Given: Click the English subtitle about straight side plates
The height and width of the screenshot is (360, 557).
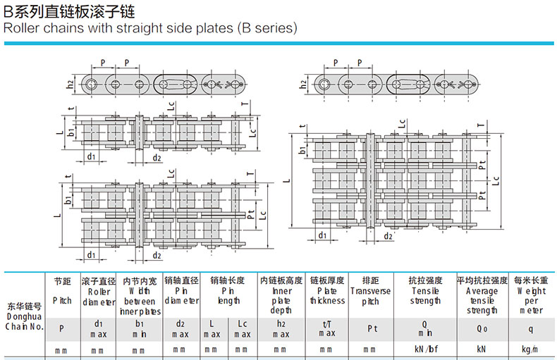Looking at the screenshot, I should tap(150, 29).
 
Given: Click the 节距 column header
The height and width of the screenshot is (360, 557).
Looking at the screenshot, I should tap(62, 280).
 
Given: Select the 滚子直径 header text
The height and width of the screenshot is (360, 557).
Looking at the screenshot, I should tap(99, 280).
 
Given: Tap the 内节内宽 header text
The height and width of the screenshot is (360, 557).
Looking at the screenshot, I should tap(140, 280).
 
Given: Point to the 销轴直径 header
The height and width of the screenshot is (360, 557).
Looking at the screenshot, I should tap(181, 280).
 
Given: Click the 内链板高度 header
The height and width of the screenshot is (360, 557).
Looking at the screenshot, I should tap(281, 280).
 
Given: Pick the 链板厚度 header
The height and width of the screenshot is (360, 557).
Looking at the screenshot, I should tap(327, 280).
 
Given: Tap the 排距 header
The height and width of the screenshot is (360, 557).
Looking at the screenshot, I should tap(370, 280).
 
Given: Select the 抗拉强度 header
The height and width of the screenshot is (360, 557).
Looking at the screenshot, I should tap(425, 280).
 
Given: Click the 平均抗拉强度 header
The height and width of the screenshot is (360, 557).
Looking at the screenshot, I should tap(482, 280).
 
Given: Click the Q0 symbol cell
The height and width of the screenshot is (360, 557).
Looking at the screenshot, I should tap(482, 328).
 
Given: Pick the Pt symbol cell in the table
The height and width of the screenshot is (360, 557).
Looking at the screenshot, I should tap(370, 328).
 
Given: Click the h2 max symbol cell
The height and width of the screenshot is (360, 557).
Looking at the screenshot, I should tap(281, 328).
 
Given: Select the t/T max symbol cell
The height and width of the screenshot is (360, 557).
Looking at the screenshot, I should tap(327, 328).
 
